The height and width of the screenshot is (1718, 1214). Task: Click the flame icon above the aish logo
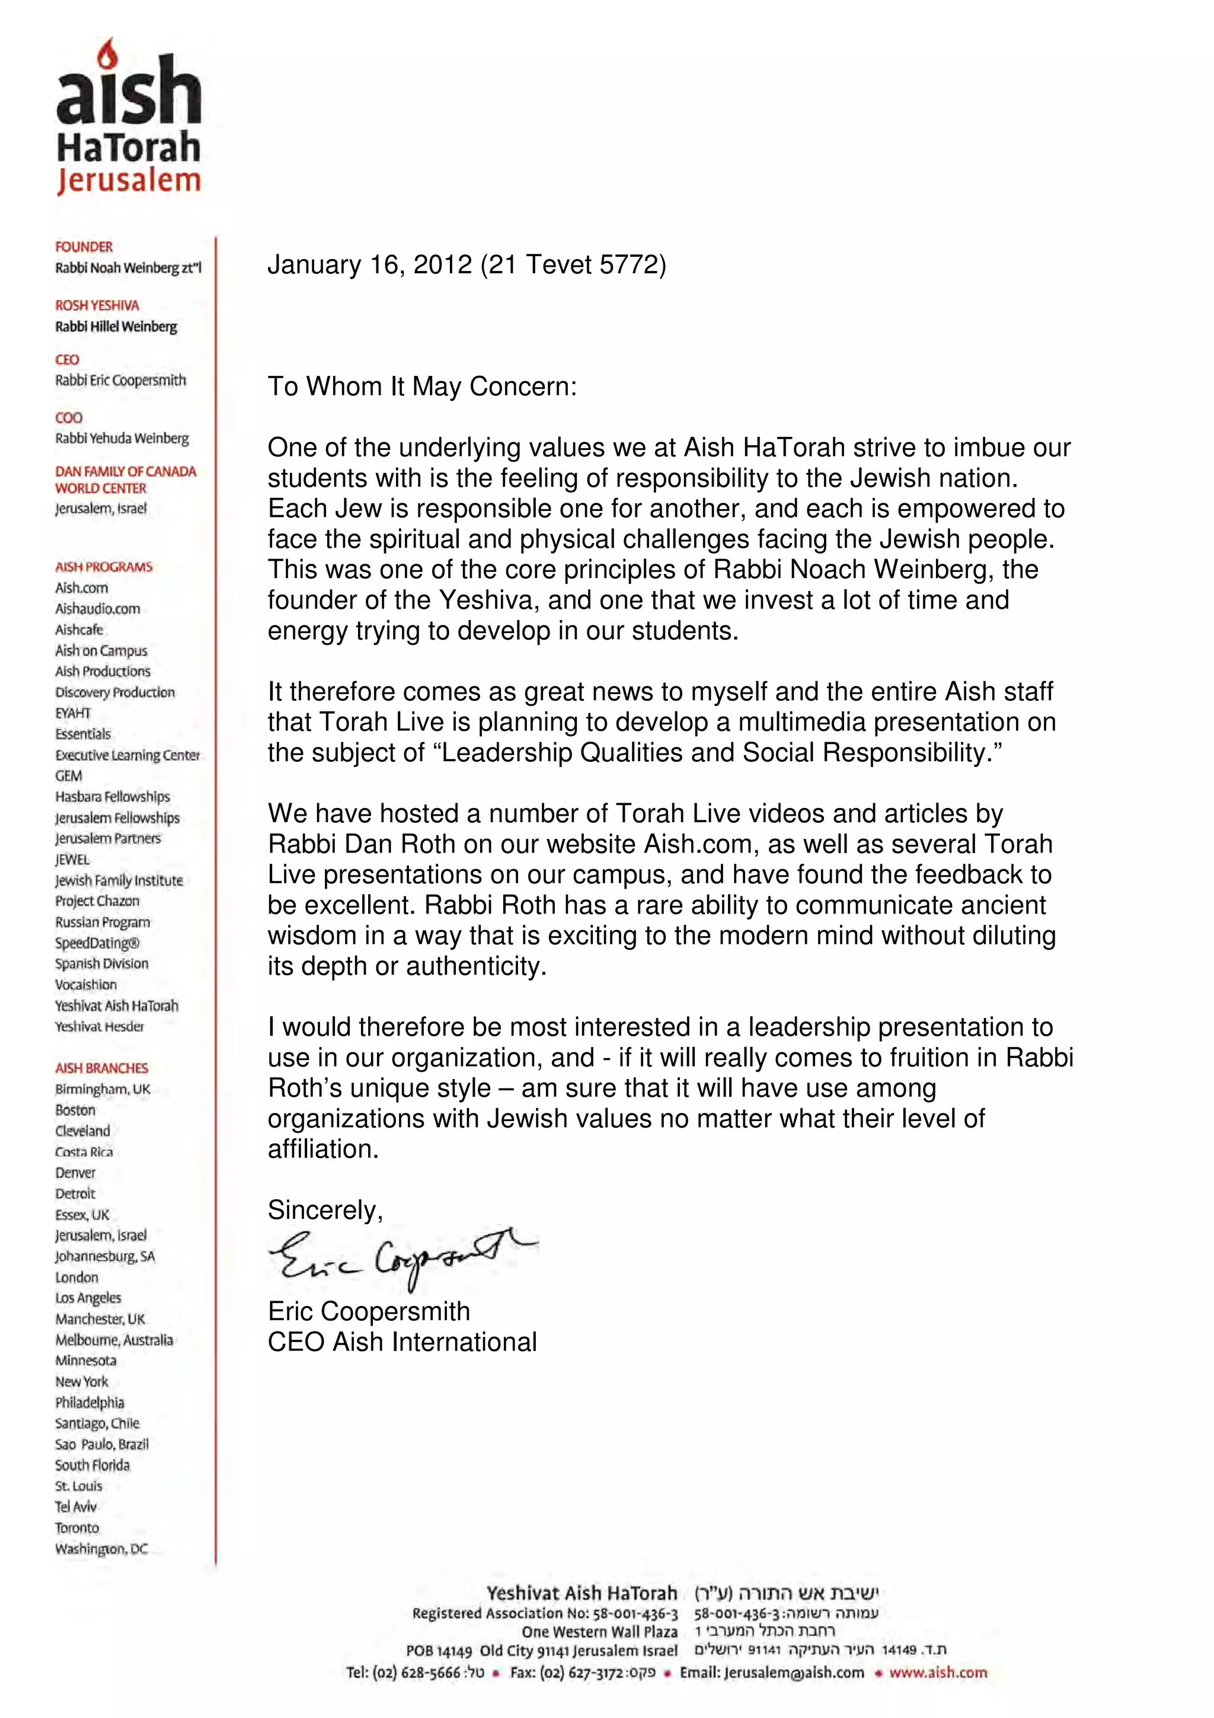108,54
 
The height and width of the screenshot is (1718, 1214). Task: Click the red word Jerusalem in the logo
129,181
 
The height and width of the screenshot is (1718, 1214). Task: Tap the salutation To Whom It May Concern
422,387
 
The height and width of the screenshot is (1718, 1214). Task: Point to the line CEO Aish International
402,1342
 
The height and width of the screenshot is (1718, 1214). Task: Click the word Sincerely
325,1210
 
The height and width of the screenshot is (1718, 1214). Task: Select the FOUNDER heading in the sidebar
84,247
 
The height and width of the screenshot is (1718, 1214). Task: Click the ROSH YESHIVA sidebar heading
97,305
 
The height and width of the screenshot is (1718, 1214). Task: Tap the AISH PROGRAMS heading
103,567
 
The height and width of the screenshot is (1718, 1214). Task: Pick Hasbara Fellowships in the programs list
112,797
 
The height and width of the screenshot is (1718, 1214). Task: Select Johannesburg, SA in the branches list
105,1256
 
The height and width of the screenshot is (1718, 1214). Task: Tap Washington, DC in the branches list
101,1549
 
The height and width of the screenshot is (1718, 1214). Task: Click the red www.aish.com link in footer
937,1672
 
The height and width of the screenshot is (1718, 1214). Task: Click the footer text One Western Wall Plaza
599,1631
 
